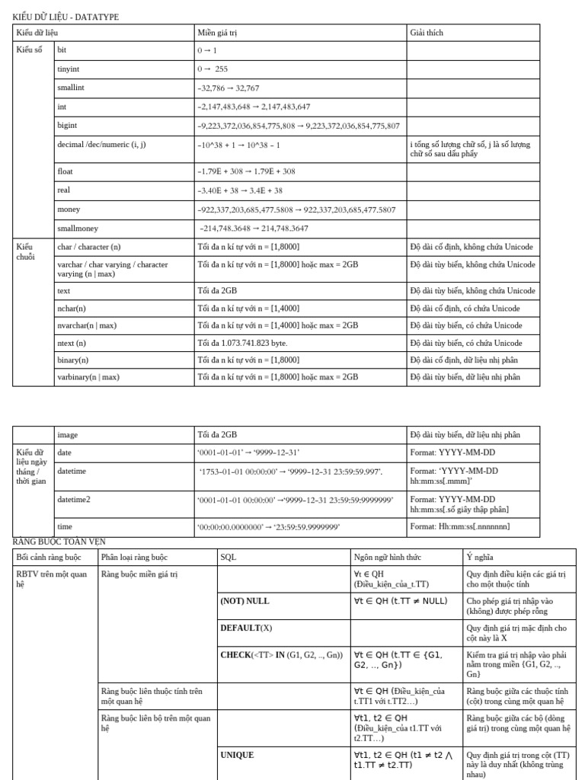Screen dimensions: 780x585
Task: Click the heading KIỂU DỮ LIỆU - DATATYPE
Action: pyautogui.click(x=66, y=17)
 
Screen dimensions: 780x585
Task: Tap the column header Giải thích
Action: pyautogui.click(x=427, y=33)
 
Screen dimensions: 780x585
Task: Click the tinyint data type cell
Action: pyautogui.click(x=69, y=69)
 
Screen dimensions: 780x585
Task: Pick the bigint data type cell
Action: pyautogui.click(x=67, y=125)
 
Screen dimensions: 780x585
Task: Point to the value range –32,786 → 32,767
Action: pyautogui.click(x=229, y=88)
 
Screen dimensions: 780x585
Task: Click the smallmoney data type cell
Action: pyautogui.click(x=78, y=228)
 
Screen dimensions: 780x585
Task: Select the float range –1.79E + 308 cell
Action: pyautogui.click(x=246, y=171)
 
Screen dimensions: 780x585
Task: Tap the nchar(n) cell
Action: pyautogui.click(x=72, y=308)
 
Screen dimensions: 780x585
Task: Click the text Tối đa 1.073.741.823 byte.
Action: pyautogui.click(x=242, y=343)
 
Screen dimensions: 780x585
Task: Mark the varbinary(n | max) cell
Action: pyautogui.click(x=88, y=376)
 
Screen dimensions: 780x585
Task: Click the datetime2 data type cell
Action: pyautogui.click(x=74, y=500)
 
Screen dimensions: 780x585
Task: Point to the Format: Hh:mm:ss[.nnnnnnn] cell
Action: pyautogui.click(x=459, y=526)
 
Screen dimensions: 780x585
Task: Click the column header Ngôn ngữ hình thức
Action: pyautogui.click(x=388, y=557)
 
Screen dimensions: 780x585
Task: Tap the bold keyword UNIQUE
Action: pyautogui.click(x=237, y=755)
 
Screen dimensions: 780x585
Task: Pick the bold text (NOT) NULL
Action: pyautogui.click(x=245, y=601)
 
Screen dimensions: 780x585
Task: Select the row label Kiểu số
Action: pyautogui.click(x=30, y=50)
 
